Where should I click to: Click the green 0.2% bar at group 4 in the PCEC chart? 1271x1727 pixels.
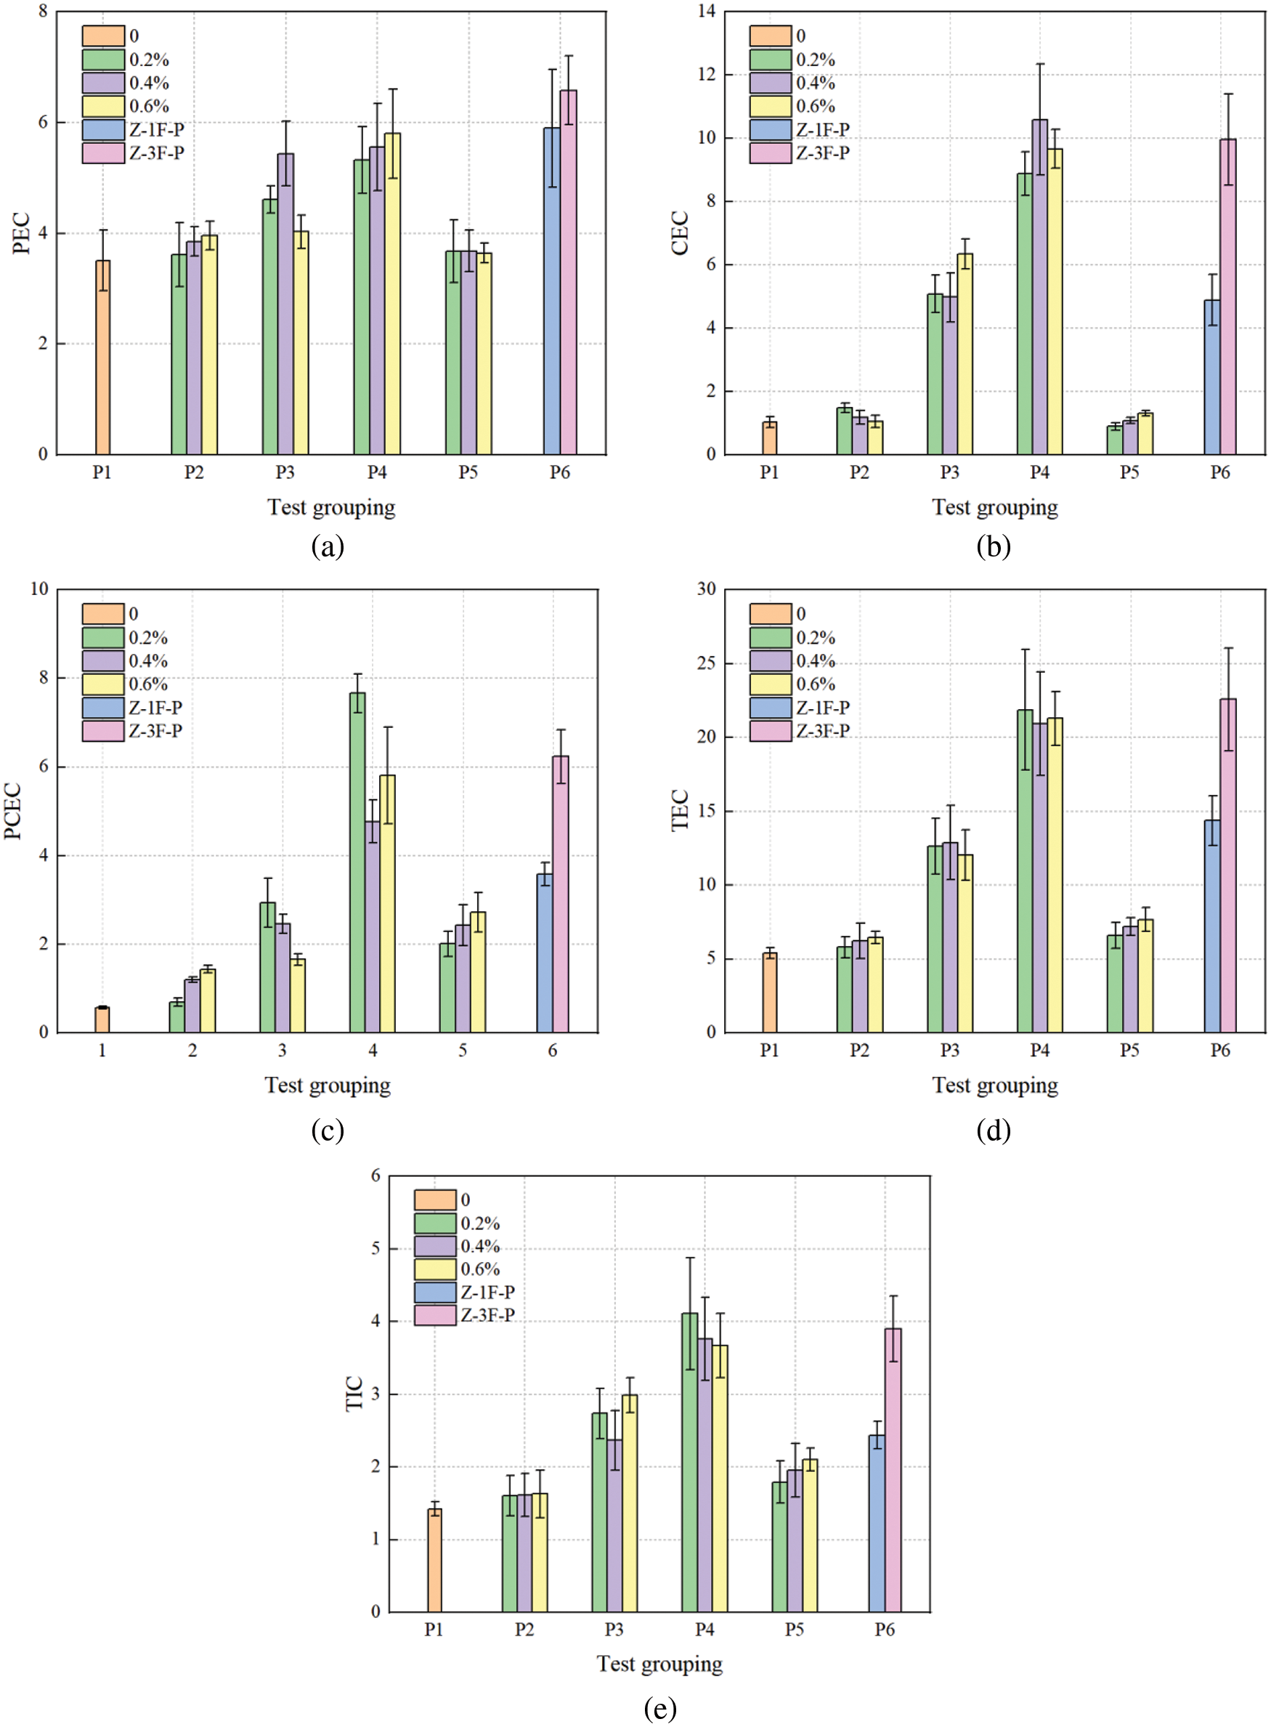pyautogui.click(x=357, y=862)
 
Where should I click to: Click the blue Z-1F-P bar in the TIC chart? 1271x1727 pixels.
pyautogui.click(x=877, y=1523)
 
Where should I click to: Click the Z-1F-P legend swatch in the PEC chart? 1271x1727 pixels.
pyautogui.click(x=103, y=130)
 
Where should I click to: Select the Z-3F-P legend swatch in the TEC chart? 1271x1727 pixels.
pyautogui.click(x=770, y=731)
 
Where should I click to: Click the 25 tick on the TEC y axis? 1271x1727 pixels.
pyautogui.click(x=705, y=663)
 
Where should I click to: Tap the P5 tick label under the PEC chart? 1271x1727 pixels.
pyautogui.click(x=468, y=472)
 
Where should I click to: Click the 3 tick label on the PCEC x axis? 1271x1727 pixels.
pyautogui.click(x=283, y=1051)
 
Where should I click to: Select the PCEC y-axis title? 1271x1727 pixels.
pyautogui.click(x=13, y=810)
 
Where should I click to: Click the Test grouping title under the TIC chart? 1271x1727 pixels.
pyautogui.click(x=659, y=1664)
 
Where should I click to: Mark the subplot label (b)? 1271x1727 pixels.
pyautogui.click(x=994, y=546)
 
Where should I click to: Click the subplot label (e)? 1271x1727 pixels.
pyautogui.click(x=659, y=1709)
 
